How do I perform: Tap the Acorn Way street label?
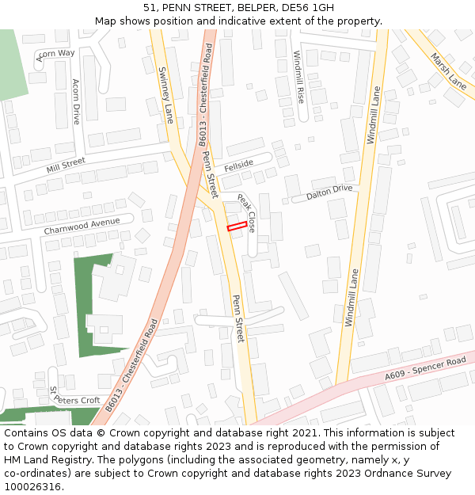[x=55, y=54]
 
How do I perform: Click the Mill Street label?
[x=65, y=165]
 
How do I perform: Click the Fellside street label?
[x=238, y=166]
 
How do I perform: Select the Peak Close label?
[x=246, y=212]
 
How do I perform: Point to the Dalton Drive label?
[x=329, y=192]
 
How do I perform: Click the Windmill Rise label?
[x=298, y=77]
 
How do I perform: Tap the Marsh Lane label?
[x=448, y=70]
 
